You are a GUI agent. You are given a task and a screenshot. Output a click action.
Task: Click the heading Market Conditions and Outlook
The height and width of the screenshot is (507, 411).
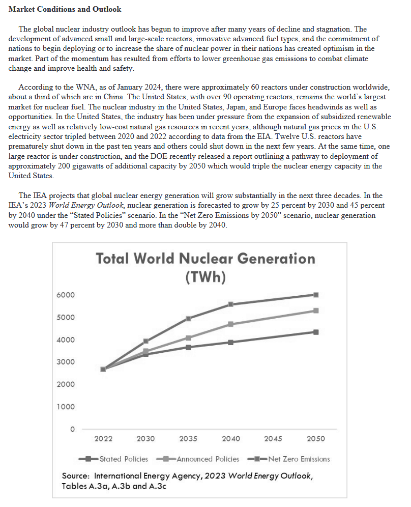click(65, 9)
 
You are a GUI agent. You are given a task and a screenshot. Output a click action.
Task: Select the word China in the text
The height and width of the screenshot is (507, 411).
click(113, 97)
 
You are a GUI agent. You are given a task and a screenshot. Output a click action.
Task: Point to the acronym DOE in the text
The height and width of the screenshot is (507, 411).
click(159, 156)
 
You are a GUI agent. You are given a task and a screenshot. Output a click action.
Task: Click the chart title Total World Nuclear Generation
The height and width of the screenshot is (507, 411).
click(205, 259)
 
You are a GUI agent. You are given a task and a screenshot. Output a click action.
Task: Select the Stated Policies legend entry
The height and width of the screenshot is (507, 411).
click(113, 459)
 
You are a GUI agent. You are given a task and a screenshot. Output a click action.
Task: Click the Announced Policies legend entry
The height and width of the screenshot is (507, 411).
click(197, 459)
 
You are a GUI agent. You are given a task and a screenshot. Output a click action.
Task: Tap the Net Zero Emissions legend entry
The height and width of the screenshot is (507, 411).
click(288, 459)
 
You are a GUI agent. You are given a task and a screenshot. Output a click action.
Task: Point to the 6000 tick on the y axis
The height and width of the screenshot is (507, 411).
click(66, 295)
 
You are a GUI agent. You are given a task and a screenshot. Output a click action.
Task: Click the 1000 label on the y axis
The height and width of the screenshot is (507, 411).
click(66, 407)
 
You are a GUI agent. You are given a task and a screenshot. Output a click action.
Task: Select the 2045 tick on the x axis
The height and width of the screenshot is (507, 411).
click(273, 439)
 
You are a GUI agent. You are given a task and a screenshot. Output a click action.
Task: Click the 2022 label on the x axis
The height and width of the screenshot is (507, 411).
click(103, 439)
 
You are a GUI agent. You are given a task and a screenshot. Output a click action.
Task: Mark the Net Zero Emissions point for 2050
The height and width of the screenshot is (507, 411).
click(316, 295)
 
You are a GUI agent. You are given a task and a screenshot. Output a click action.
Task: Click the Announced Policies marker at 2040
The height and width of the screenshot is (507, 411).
click(231, 324)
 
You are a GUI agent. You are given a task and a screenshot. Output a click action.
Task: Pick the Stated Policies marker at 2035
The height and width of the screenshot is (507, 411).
click(188, 347)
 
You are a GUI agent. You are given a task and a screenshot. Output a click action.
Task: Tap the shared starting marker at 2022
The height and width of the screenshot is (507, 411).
click(103, 369)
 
